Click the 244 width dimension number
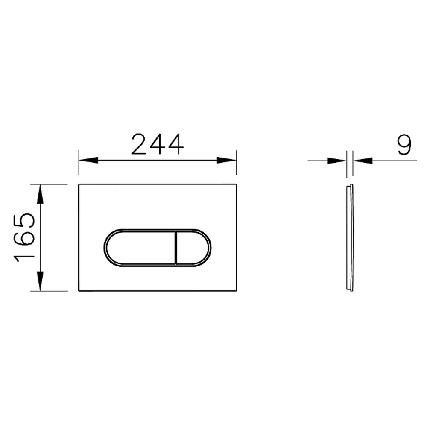158,144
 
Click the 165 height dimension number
24,237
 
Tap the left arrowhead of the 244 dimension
88,160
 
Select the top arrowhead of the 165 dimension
40,194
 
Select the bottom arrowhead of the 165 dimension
40,281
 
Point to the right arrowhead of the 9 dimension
363,161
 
